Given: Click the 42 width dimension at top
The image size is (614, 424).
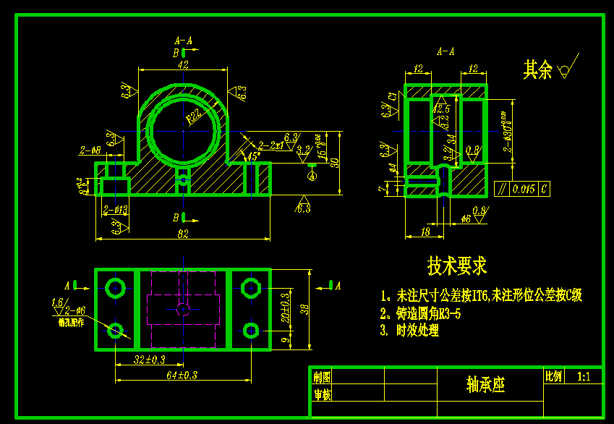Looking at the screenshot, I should pos(183,65).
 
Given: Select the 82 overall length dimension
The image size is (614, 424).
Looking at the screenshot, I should pos(182,234).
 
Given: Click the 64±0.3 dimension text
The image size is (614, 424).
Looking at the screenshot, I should pos(182,374).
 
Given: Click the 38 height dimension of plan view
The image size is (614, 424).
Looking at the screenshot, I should pos(304,309).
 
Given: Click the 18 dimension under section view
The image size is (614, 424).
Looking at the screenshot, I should pos(425,232).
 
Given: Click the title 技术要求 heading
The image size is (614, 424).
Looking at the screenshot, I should pos(457,266).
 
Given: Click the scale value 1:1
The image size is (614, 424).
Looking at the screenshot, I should pos(584,377).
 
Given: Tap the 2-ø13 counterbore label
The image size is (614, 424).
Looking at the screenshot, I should pos(116,210).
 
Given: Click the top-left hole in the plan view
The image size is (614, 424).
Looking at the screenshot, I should pos(115,285).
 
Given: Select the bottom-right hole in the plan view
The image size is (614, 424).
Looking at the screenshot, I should pos(251,330).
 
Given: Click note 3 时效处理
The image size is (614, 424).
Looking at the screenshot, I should pos(409,331).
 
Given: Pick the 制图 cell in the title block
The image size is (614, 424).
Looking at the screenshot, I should pos(321,377).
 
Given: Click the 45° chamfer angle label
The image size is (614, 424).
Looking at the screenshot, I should pos(255,156).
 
